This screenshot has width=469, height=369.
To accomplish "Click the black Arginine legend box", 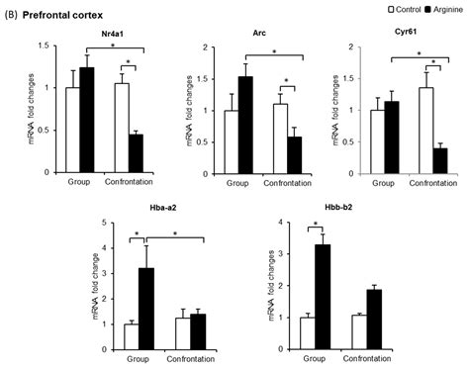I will (422, 8).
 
